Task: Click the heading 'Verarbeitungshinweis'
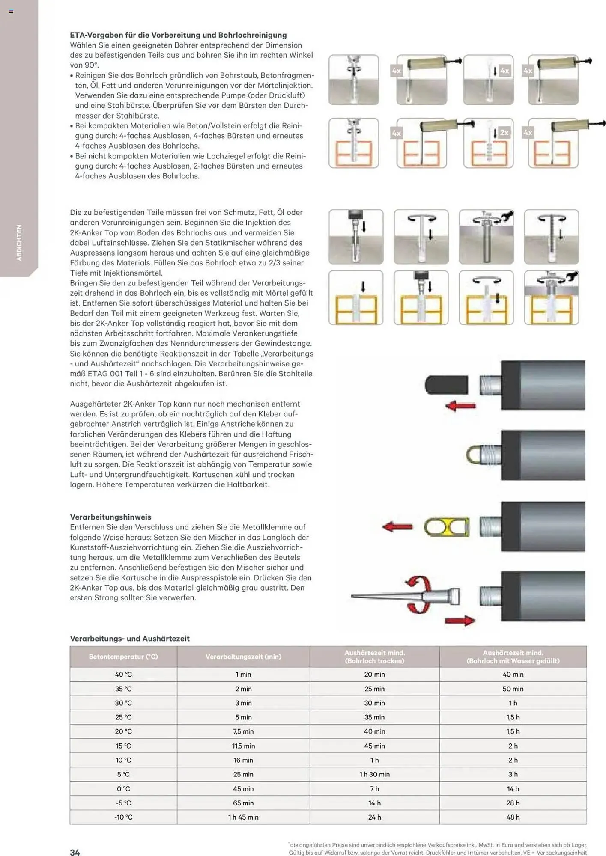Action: pos(110,517)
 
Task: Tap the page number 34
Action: pos(75,852)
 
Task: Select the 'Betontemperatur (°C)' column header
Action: pos(123,657)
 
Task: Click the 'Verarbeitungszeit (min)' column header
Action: pos(243,657)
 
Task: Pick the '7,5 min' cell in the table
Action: pos(243,731)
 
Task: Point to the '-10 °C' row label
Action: pos(123,817)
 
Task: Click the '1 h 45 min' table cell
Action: pos(243,817)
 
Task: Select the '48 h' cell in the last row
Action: pos(513,817)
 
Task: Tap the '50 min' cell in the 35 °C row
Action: pos(513,689)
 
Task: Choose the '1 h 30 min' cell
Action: pos(374,774)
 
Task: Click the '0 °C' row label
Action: pos(123,788)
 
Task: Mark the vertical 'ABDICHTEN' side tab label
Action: pos(19,243)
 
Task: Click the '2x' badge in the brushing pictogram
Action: pos(504,133)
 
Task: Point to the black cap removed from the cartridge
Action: pos(446,384)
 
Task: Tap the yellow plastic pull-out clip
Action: pos(446,527)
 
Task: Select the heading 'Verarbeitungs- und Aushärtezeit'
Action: pos(130,639)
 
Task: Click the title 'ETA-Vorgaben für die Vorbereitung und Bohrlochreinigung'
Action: pos(178,35)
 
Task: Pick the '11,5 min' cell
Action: pos(243,746)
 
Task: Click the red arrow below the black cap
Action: pos(460,406)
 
